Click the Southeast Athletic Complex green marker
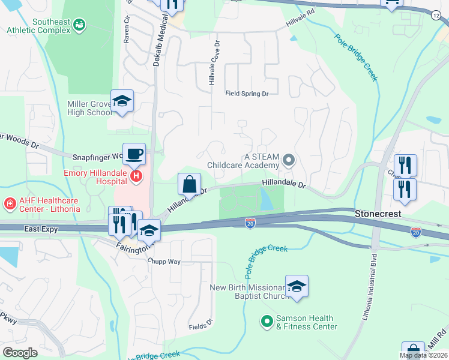point(79,25)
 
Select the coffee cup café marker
point(134,154)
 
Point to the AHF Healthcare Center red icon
point(10,205)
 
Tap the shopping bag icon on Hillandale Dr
point(189,184)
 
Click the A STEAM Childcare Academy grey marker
point(289,160)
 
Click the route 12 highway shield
point(435,14)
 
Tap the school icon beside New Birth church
point(297,287)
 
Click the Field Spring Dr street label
point(246,94)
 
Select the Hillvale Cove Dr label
point(212,62)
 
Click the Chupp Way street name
point(165,262)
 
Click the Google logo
point(20,352)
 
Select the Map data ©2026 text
point(423,355)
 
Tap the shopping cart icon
point(392,4)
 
